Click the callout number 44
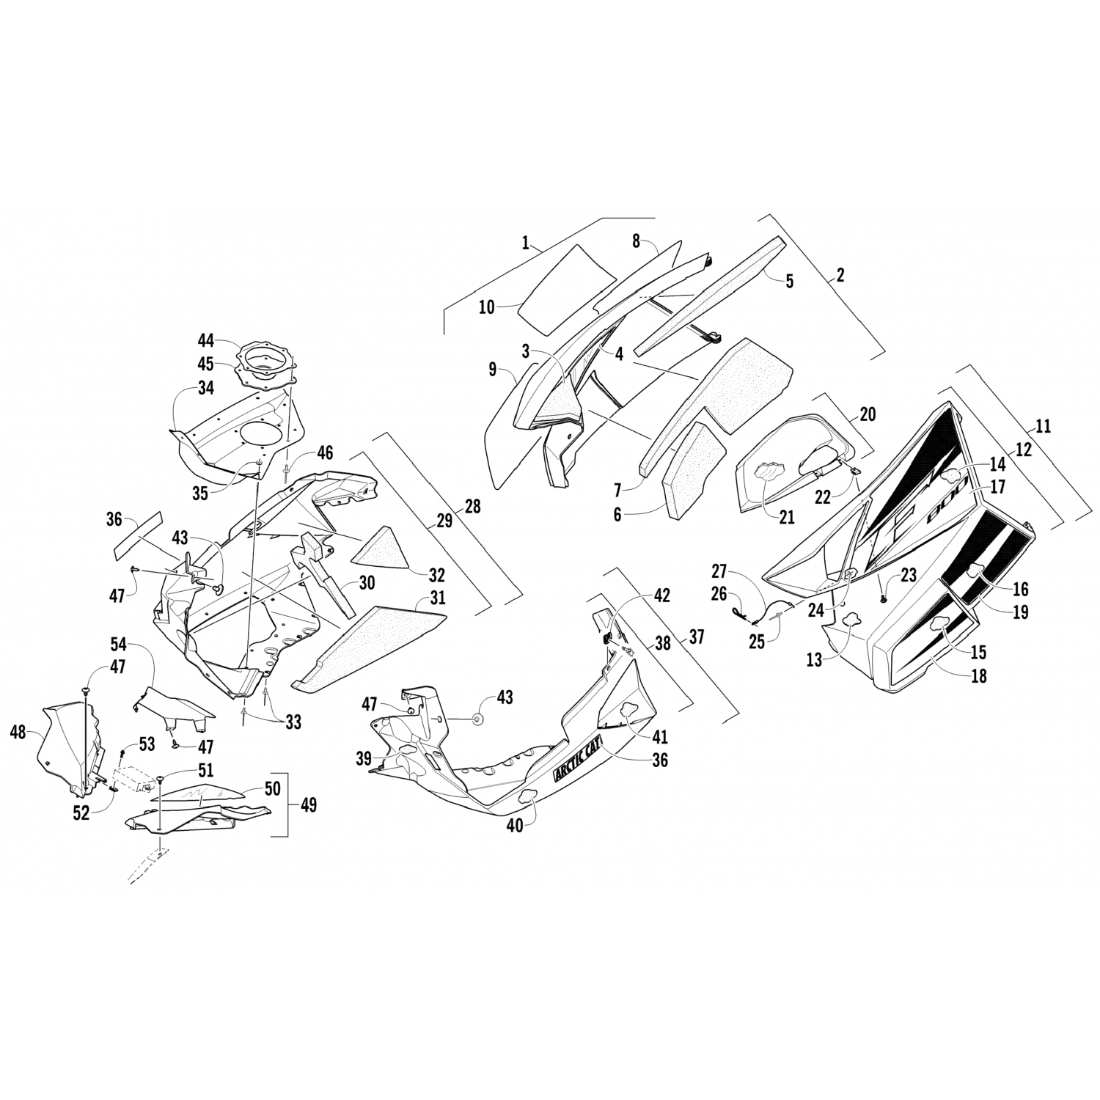point(206,340)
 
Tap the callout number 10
point(487,307)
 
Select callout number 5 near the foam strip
point(789,281)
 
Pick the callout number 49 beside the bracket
point(309,804)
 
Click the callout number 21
point(786,518)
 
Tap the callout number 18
point(978,675)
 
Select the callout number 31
point(438,599)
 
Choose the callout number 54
point(119,645)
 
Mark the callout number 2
point(840,275)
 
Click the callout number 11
point(1044,426)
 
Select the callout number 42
point(661,595)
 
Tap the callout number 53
point(147,744)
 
